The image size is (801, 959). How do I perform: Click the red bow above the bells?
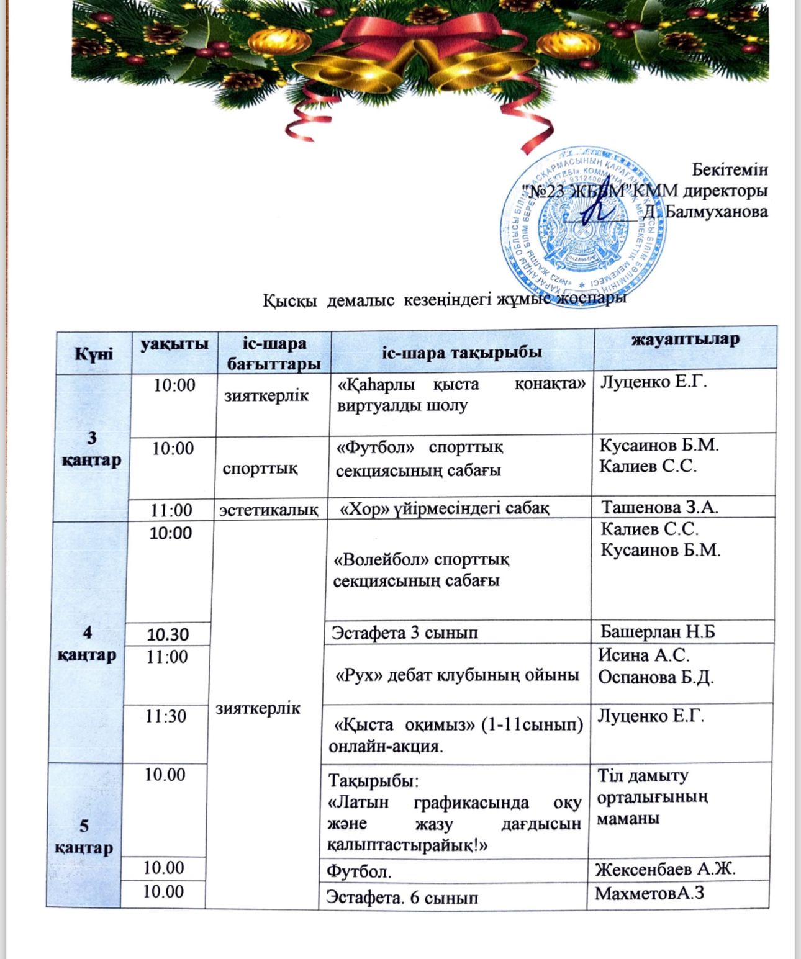[397, 37]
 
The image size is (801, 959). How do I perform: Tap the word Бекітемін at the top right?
[730, 169]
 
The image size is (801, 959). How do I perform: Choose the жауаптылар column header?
[686, 340]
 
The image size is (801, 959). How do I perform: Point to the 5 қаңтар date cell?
[84, 836]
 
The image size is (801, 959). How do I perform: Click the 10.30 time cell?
[167, 634]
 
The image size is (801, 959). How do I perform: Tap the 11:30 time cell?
[166, 716]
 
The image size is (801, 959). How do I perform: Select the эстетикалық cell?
[269, 510]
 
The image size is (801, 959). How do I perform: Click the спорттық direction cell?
[260, 467]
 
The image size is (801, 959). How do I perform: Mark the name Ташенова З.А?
[659, 507]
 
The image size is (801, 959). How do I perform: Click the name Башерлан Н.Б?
[658, 632]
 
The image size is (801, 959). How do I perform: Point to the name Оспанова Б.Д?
[656, 677]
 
